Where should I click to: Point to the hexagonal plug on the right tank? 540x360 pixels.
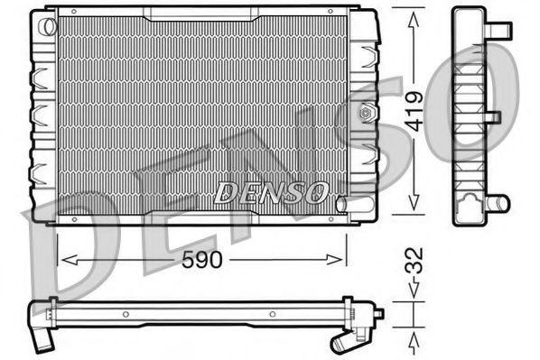coord(366,115)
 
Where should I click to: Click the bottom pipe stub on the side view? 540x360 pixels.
coord(496,201)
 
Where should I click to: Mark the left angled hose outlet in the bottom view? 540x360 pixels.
coord(41,339)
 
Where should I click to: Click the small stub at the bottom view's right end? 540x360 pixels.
coord(378,314)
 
